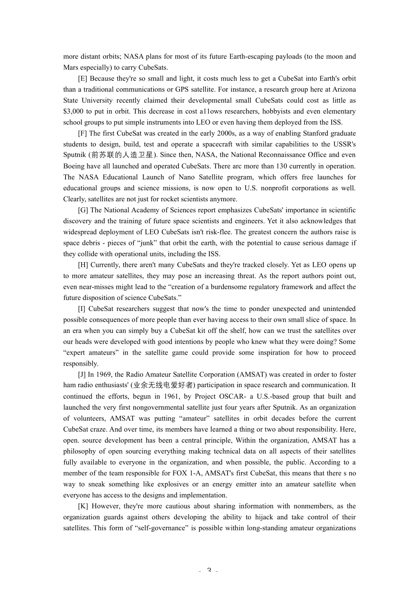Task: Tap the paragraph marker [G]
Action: pyautogui.click(x=83, y=210)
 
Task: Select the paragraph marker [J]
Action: pyautogui.click(x=82, y=374)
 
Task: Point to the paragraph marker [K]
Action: pyautogui.click(x=83, y=506)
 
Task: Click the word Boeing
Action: pyautogui.click(x=74, y=166)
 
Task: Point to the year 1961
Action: pyautogui.click(x=172, y=396)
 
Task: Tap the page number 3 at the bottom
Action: pyautogui.click(x=209, y=571)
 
